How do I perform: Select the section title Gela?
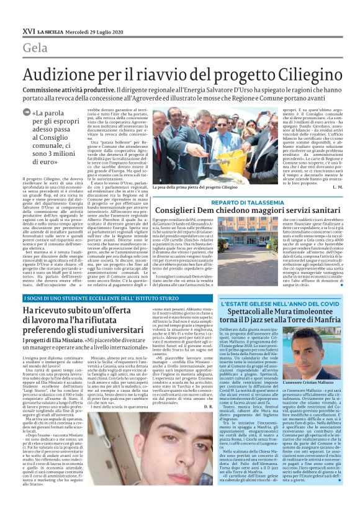pyautogui.click(x=35, y=48)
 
